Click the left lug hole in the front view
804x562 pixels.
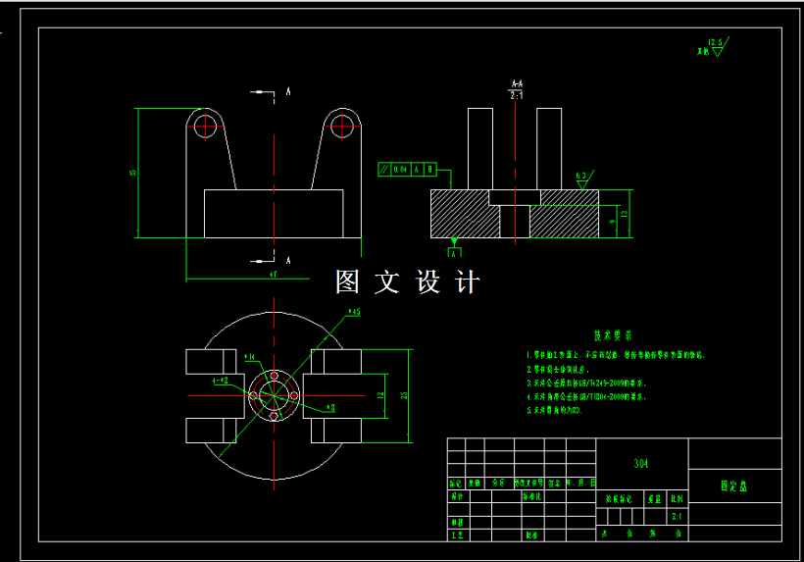(x=205, y=125)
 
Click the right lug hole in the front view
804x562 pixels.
(x=341, y=125)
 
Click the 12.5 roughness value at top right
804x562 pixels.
(x=715, y=42)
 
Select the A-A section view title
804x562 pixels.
(x=516, y=85)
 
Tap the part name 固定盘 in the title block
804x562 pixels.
(x=733, y=485)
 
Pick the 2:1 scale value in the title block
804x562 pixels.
(x=677, y=515)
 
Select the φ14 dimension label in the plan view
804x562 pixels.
(x=250, y=356)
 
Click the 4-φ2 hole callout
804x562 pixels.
(x=220, y=379)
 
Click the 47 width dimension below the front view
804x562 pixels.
(x=274, y=277)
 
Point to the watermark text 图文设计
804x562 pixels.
(x=408, y=282)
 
